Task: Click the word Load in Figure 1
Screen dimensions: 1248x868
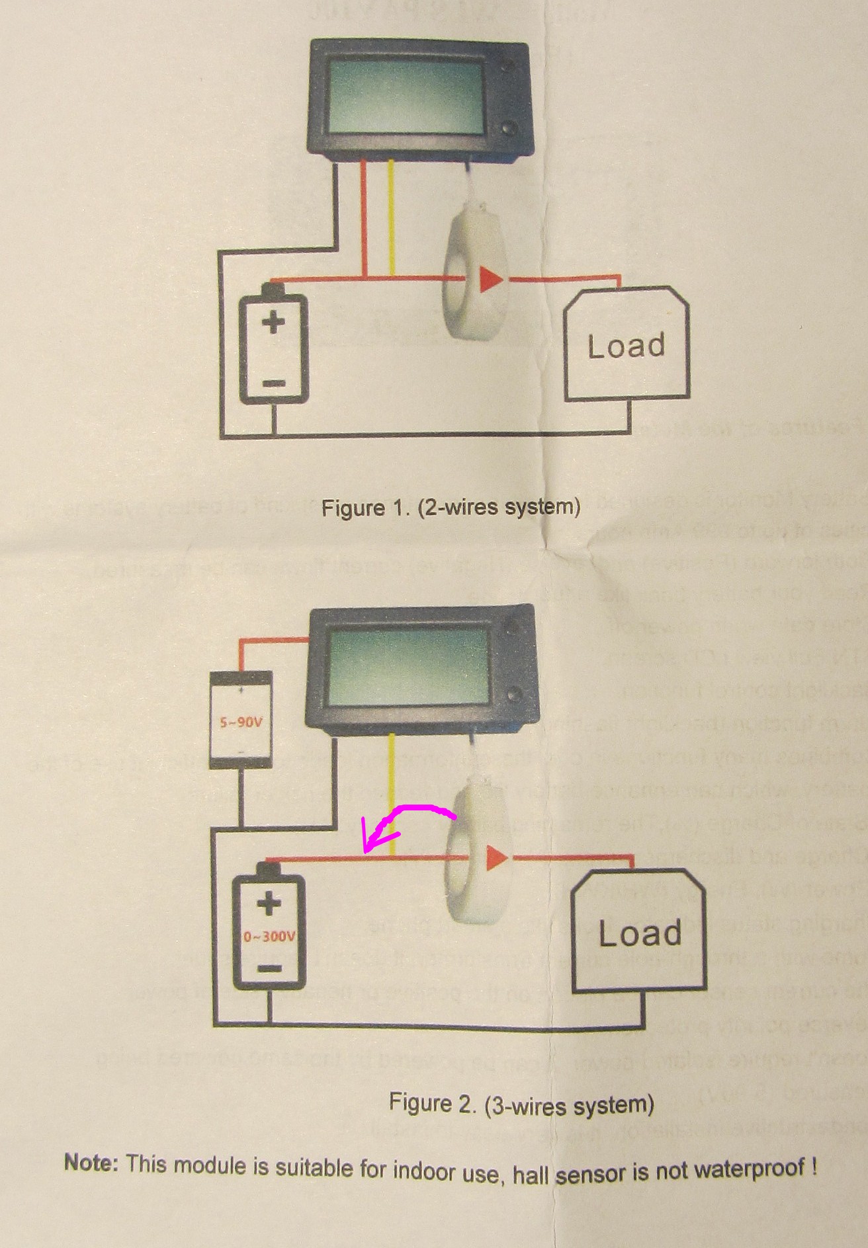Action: tap(626, 346)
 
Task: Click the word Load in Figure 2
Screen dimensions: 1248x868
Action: tap(640, 933)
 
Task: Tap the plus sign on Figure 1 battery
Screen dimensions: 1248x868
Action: tap(273, 323)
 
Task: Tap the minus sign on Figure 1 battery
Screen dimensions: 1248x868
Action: tap(273, 383)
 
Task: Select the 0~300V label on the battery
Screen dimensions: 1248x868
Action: tap(269, 937)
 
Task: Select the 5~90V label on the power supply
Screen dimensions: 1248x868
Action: tap(241, 722)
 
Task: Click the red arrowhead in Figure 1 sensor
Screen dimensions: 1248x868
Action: tap(491, 280)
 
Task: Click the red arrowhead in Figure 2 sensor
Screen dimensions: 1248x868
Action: tap(497, 859)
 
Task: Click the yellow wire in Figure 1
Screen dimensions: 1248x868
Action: tap(392, 218)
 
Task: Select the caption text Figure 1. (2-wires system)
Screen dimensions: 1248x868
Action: tap(451, 508)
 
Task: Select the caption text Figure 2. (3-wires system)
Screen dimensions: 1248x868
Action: tap(521, 1105)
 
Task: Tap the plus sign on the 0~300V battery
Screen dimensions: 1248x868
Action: tap(269, 904)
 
